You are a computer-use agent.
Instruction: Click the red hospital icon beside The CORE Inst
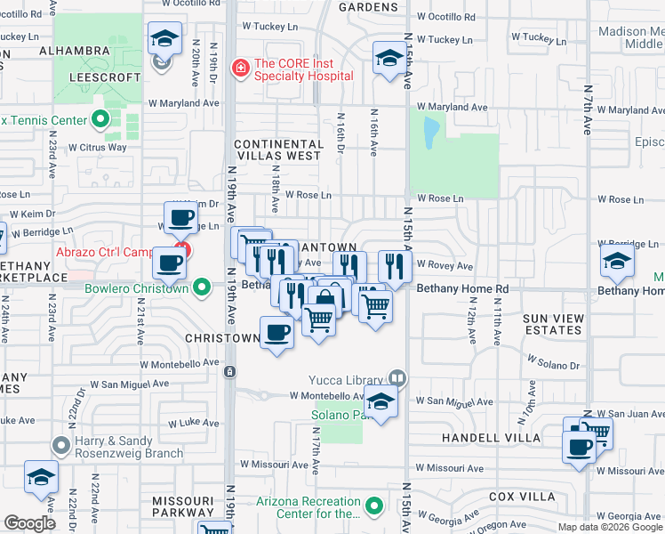[x=240, y=67]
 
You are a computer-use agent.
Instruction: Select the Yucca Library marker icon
[x=397, y=379]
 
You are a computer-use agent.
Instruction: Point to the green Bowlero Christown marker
[x=203, y=287]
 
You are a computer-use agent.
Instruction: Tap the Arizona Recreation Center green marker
[x=373, y=507]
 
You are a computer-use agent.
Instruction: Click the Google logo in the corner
[x=29, y=523]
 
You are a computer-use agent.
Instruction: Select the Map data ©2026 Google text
[x=610, y=527]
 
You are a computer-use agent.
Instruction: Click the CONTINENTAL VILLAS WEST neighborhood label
[x=278, y=150]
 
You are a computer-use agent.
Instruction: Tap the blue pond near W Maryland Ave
[x=431, y=133]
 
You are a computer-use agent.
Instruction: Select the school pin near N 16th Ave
[x=389, y=59]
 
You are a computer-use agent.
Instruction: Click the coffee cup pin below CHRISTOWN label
[x=276, y=334]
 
